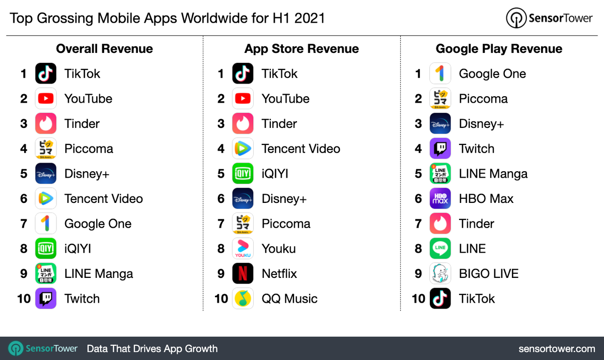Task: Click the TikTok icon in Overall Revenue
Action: pos(46,74)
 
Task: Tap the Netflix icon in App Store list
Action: pos(243,273)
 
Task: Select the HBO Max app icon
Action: pos(440,198)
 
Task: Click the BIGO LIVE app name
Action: pos(488,273)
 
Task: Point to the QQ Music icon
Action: pos(243,299)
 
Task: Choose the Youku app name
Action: pos(278,249)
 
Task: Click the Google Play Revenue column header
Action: pos(499,49)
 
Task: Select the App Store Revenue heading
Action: pos(301,49)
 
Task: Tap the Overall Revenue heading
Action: pos(104,49)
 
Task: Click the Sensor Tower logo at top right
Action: pos(550,19)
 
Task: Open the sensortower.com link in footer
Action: pos(557,348)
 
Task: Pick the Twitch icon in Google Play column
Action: pos(440,149)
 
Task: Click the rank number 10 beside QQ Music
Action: pos(221,299)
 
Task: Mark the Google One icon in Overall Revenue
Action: pos(46,224)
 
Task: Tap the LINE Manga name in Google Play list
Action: pos(493,174)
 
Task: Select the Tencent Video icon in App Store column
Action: pos(243,149)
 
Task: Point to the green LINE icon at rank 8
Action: pos(440,249)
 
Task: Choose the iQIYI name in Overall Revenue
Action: pos(78,249)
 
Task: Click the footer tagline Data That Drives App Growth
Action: pos(152,348)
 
